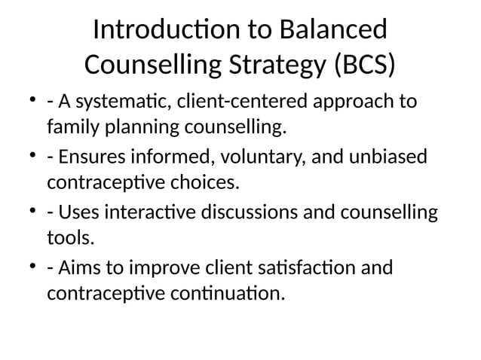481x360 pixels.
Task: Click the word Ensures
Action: [x=91, y=157]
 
